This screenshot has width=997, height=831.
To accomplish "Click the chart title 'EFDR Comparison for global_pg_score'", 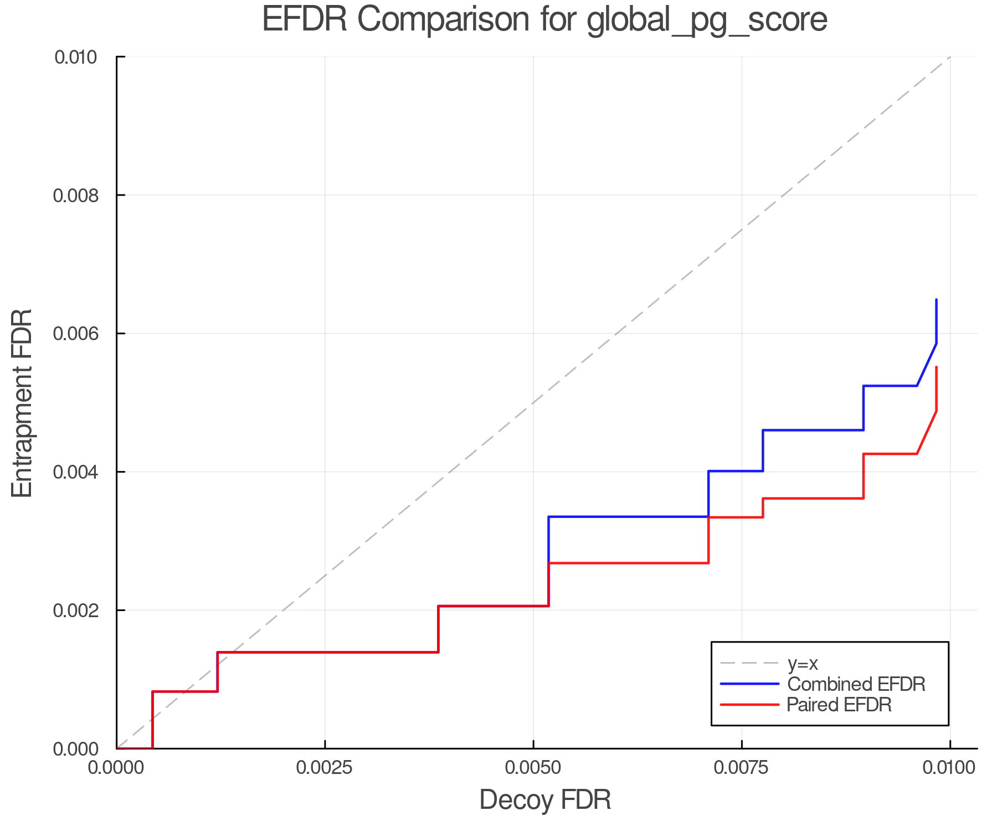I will coord(544,20).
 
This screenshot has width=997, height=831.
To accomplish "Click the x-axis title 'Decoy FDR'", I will coord(545,800).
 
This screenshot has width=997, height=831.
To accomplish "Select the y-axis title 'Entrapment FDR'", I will coord(22,403).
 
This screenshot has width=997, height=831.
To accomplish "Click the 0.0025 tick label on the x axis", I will coord(324,767).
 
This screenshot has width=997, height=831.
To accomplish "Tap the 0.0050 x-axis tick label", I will coord(533,767).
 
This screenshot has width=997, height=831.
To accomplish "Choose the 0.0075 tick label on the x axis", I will coord(741,767).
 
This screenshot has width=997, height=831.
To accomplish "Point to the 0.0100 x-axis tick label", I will coord(949,767).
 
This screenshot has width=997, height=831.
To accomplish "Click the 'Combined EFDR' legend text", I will coord(856,684).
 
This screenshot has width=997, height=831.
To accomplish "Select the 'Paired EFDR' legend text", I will coord(839,705).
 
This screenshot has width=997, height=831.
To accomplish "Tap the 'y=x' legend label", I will coord(803,663).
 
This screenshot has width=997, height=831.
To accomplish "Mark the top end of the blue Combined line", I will coord(936,300).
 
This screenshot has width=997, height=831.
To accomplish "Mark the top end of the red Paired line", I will coord(936,367).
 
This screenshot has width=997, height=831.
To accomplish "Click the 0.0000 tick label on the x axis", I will coord(116,767).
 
